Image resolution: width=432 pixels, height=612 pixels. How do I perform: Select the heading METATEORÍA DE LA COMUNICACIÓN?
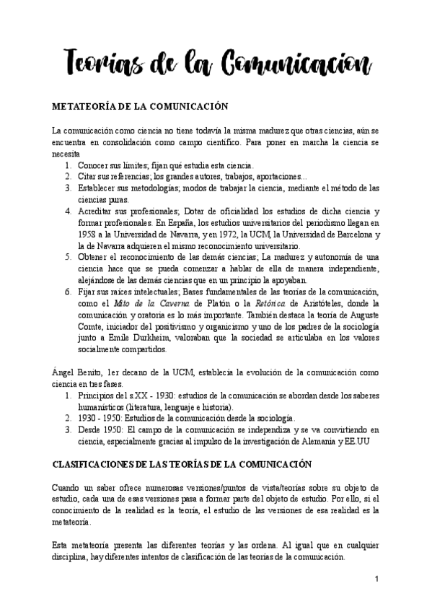tap(140, 106)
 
